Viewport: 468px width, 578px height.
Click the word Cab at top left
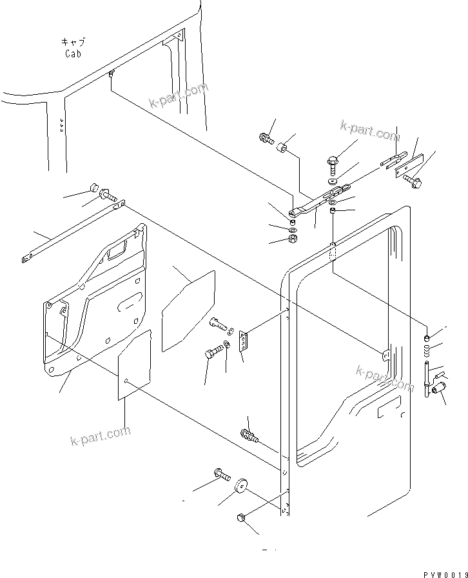[x=73, y=54]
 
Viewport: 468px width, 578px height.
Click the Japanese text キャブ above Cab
[x=73, y=42]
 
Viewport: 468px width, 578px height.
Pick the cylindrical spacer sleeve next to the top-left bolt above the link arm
[x=282, y=151]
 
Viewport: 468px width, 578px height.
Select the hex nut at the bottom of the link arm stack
[x=291, y=239]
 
